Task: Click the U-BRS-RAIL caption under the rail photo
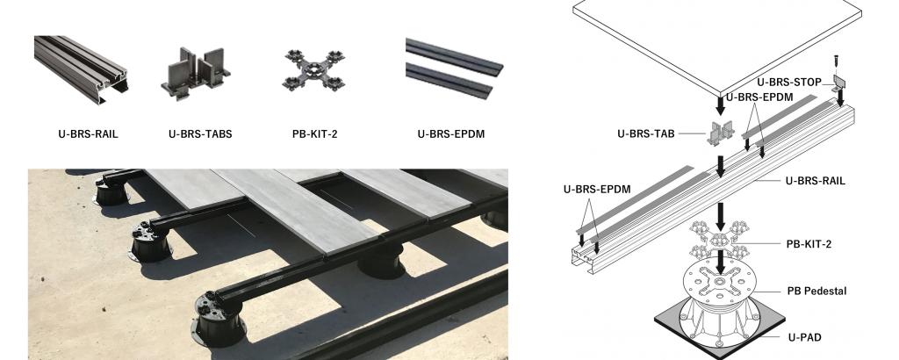(x=88, y=134)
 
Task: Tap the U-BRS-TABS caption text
(x=200, y=134)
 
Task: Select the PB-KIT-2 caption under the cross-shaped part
(x=315, y=134)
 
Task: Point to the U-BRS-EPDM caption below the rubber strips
(x=450, y=134)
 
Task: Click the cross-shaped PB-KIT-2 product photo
(x=313, y=70)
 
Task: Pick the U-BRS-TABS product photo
(x=196, y=74)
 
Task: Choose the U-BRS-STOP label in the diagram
(x=789, y=83)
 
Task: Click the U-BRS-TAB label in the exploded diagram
(x=645, y=133)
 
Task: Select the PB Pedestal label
(x=816, y=292)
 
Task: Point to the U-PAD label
(x=804, y=338)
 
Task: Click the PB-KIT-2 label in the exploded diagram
(x=809, y=244)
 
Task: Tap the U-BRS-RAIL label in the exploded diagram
(x=815, y=181)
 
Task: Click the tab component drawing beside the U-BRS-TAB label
(x=722, y=133)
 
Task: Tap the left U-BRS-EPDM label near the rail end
(x=597, y=189)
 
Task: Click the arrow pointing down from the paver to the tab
(x=721, y=104)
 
